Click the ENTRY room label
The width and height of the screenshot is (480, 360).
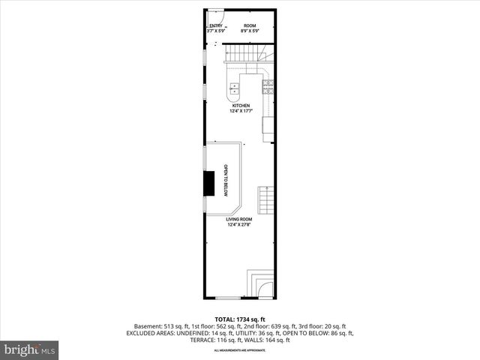(x=214, y=26)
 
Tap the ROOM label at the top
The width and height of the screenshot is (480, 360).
(x=249, y=26)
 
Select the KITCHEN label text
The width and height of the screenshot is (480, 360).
(x=241, y=106)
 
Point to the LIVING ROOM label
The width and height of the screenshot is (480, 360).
(x=239, y=219)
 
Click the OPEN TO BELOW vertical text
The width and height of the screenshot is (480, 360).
(x=225, y=181)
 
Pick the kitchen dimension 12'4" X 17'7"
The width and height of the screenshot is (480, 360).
(x=241, y=111)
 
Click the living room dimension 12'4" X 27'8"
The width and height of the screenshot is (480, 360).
(x=239, y=224)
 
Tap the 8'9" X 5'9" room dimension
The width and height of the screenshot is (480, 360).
(x=249, y=31)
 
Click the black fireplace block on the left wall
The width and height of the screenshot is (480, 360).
(x=211, y=183)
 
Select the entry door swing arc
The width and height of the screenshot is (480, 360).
(x=217, y=15)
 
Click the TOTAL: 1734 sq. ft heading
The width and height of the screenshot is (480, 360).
(x=240, y=319)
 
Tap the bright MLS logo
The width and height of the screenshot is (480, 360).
(x=30, y=349)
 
